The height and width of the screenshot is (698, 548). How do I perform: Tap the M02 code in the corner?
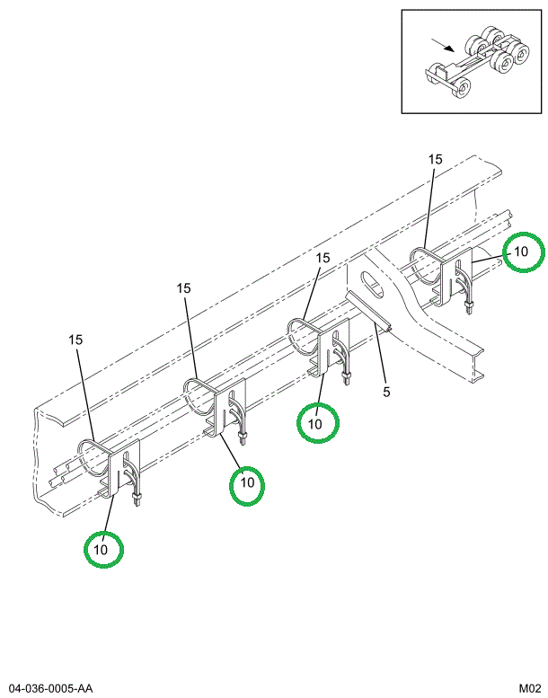[527, 688]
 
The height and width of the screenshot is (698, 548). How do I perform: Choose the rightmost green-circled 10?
[523, 252]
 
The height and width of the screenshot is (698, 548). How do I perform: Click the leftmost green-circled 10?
[103, 548]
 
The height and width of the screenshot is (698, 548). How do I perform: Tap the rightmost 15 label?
[435, 159]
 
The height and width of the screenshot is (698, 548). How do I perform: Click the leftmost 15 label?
[75, 340]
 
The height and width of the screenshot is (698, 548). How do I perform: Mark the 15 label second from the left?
[184, 288]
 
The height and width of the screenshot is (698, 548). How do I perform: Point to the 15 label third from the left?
[323, 258]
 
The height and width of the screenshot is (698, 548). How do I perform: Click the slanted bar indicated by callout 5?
[370, 311]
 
